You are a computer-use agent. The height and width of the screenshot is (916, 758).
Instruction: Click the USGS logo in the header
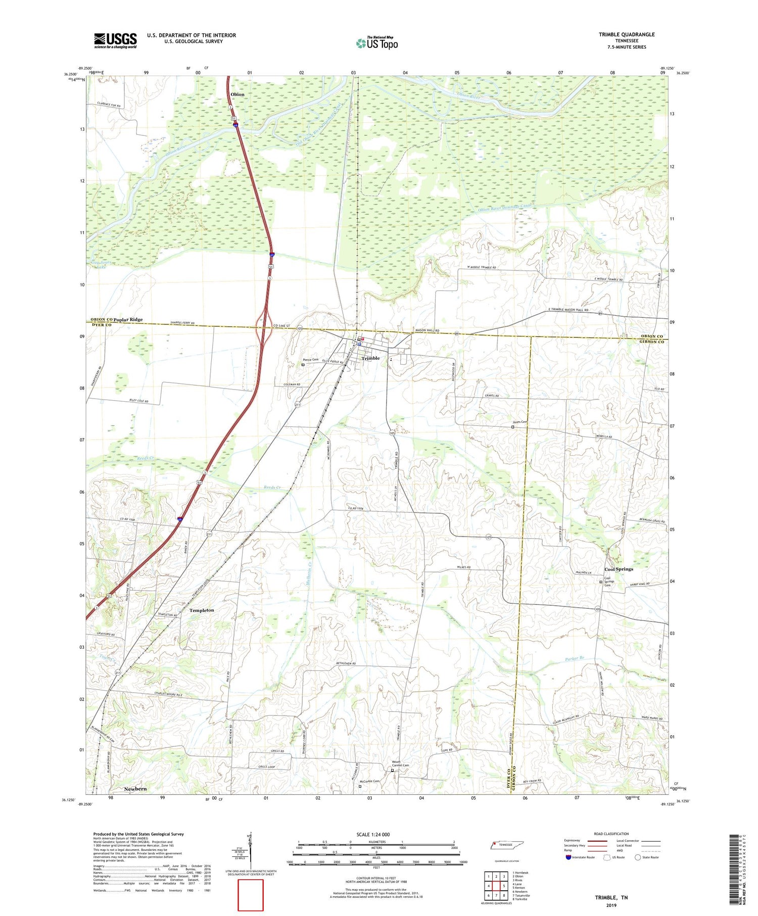tap(115, 40)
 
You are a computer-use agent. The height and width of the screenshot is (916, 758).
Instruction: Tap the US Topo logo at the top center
tap(376, 43)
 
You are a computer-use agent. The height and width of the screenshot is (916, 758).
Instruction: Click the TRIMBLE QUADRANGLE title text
tap(626, 34)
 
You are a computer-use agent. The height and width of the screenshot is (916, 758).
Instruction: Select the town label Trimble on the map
tap(370, 358)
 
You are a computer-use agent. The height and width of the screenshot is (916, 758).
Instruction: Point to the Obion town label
tap(237, 94)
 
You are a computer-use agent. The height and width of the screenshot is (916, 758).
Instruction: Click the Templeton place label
tap(202, 610)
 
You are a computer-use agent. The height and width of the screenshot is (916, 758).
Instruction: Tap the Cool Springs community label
tap(619, 569)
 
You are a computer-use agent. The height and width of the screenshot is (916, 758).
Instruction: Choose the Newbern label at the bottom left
tap(135, 789)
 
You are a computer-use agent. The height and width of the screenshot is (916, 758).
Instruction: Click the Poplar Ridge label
tap(128, 320)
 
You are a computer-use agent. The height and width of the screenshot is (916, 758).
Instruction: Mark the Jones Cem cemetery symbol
tap(513, 427)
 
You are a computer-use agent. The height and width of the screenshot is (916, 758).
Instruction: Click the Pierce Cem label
tap(311, 360)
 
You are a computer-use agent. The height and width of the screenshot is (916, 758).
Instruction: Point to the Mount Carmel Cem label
tap(400, 764)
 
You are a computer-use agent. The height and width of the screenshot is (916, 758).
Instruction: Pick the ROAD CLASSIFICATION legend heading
tap(611, 834)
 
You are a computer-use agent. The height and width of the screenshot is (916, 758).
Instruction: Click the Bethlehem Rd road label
tap(346, 663)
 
